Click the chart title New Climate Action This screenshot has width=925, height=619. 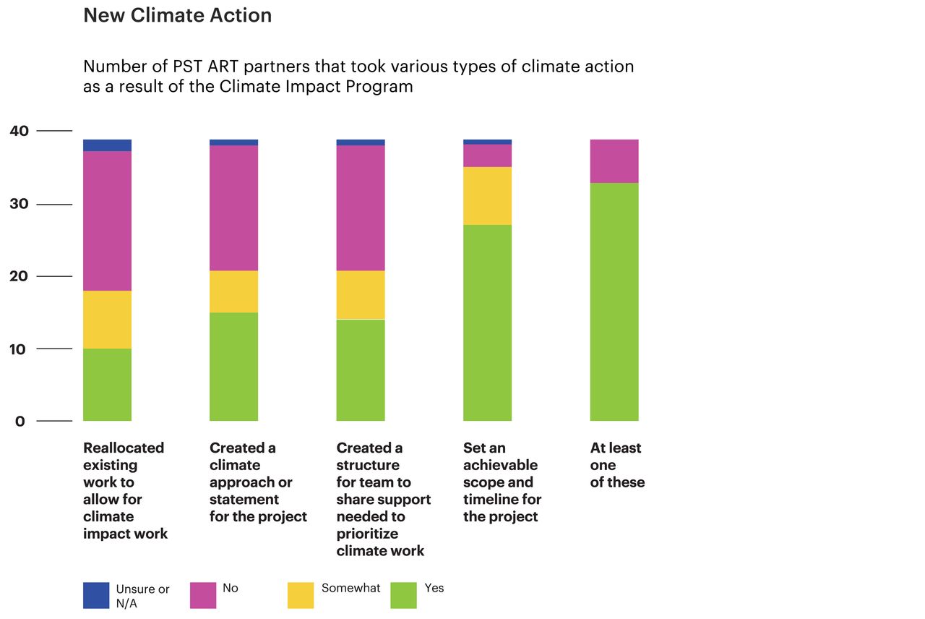[177, 15]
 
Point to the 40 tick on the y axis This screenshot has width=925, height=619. [20, 131]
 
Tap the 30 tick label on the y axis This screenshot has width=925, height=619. [20, 204]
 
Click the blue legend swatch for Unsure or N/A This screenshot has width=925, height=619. [96, 595]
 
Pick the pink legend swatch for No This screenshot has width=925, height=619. [203, 595]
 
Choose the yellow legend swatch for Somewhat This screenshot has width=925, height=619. [301, 595]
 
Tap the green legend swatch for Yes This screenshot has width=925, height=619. [403, 595]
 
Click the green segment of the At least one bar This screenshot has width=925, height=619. [614, 302]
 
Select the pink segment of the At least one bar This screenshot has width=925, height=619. [614, 161]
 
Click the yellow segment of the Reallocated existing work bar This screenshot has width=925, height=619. [107, 320]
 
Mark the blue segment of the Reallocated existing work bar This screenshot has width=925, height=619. [107, 145]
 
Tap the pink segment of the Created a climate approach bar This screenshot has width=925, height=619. [233, 208]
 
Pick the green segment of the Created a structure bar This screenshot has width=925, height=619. [361, 370]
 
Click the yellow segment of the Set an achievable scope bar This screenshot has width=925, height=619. [487, 196]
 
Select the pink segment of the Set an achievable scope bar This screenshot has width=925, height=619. [487, 155]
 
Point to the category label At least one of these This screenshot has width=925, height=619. [617, 465]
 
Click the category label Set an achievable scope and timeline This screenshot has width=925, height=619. [502, 482]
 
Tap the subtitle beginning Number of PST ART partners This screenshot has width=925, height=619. [358, 77]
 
